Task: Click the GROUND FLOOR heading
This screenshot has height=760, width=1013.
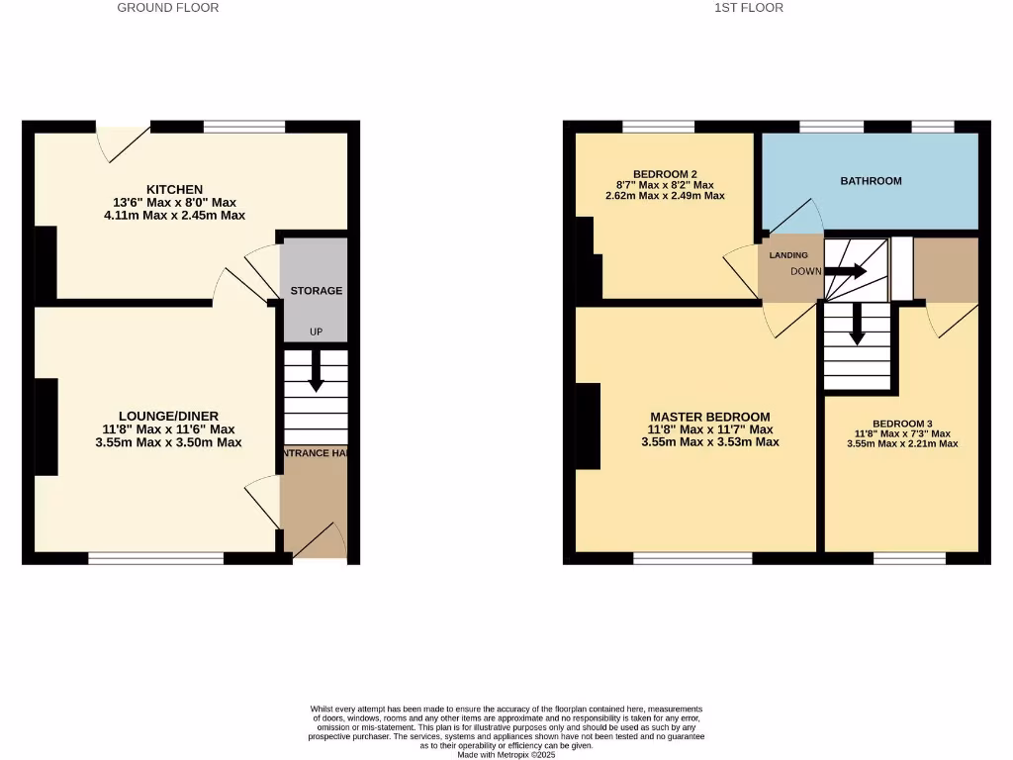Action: [168, 8]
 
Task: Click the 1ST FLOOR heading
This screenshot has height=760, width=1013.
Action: [749, 8]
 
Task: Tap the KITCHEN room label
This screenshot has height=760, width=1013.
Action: [174, 189]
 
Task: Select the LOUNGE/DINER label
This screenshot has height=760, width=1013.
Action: [168, 416]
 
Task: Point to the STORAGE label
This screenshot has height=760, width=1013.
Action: [316, 291]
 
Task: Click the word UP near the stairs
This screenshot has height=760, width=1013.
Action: [317, 332]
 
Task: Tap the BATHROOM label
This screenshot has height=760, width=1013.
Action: [871, 181]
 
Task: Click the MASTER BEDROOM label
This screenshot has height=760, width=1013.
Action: [709, 417]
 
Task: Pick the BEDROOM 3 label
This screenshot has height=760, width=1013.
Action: [902, 422]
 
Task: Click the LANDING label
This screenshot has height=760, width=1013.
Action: [788, 255]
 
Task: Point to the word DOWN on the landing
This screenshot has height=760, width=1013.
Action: [805, 271]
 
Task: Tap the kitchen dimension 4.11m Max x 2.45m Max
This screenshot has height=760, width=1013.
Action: [174, 215]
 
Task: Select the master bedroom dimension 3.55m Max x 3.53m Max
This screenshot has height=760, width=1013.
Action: [709, 442]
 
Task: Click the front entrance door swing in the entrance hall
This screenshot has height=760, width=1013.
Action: [322, 540]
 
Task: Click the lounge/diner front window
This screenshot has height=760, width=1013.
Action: [155, 559]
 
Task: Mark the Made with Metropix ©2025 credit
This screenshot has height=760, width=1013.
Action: [506, 755]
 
